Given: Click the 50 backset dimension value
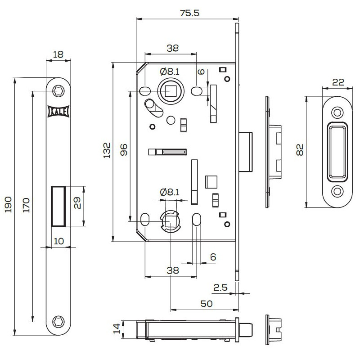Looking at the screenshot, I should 206,304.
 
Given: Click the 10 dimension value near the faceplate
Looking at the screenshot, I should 58,241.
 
